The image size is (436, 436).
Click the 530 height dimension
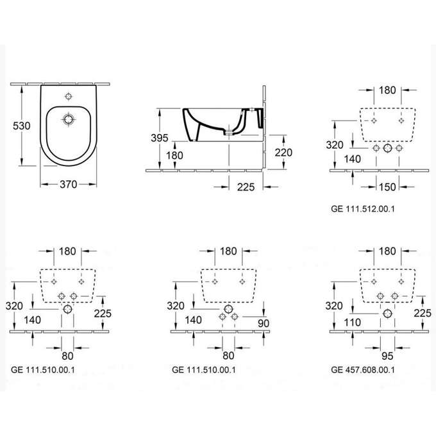pos(21,126)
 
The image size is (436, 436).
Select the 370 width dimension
pos(68,184)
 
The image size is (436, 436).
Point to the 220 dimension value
pos(283,153)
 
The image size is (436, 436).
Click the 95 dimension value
pos(387,354)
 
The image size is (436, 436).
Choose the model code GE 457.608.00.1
pos(363,369)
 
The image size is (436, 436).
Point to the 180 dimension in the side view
pos(174,155)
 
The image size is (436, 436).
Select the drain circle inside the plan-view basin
pos(68,119)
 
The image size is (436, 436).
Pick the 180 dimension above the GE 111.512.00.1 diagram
pos(387,90)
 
